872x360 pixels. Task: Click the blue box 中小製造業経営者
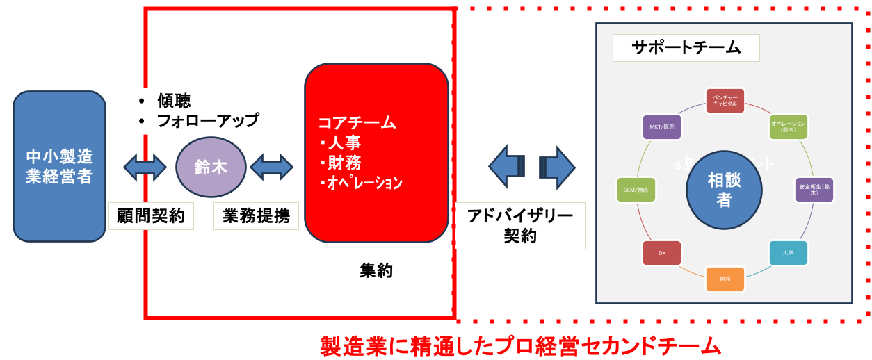[59, 166]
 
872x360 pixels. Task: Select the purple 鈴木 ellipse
[211, 167]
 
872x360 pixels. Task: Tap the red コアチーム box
[376, 153]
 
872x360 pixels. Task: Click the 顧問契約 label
[151, 216]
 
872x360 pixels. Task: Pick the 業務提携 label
[256, 216]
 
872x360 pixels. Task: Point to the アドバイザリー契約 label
[520, 226]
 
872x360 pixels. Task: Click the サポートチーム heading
[686, 48]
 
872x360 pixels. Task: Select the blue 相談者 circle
[724, 190]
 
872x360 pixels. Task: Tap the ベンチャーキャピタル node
[725, 101]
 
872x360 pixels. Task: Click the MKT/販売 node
[662, 127]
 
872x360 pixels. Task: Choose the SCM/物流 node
[636, 190]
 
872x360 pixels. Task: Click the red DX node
[662, 253]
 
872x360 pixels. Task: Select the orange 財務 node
[725, 279]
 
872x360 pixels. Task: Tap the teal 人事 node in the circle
[788, 253]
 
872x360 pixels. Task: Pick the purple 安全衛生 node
[814, 190]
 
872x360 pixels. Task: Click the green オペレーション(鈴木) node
[788, 127]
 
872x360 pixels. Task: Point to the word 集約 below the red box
[376, 271]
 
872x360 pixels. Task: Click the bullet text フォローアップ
[207, 121]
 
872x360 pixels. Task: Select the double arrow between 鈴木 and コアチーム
[271, 167]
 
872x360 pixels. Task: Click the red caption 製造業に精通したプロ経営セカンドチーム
[520, 345]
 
